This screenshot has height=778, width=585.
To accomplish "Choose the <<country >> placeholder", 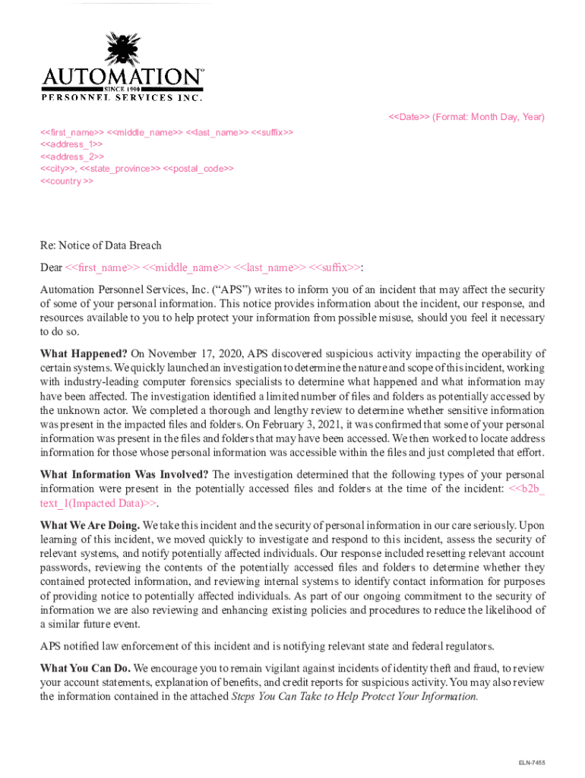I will tap(67, 182).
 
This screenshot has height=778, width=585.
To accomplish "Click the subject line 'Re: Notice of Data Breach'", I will tap(100, 245).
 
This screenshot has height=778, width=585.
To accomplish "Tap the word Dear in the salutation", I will tap(51, 267).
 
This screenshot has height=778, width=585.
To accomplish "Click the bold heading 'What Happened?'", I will tap(84, 353).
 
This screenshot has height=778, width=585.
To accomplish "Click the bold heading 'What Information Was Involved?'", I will tap(123, 475).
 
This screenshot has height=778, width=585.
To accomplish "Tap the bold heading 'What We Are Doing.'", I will tap(90, 525).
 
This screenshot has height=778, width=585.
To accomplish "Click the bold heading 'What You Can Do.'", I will tap(85, 668).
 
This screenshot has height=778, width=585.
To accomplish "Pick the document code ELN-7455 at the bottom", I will tap(532, 762).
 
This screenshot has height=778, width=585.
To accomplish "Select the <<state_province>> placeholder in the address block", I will tap(120, 169).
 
